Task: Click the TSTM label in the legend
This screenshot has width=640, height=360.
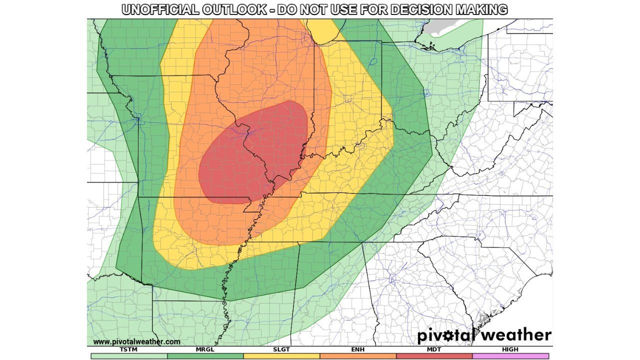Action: point(128,349)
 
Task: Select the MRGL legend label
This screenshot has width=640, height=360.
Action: point(205,349)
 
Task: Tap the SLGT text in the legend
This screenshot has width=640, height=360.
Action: point(281,349)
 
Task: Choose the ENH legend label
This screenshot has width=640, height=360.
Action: point(358,349)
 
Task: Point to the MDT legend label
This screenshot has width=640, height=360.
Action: point(434,349)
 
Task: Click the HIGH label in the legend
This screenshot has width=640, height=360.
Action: point(510,349)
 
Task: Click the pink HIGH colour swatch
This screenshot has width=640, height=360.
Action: point(510,356)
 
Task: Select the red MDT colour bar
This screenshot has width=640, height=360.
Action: point(434,356)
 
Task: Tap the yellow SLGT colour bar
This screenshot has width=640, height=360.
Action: point(281,356)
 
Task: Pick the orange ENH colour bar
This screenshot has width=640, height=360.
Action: point(358,356)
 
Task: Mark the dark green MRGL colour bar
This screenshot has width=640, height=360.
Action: point(205,356)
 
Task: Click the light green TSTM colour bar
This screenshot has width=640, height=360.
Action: point(128,356)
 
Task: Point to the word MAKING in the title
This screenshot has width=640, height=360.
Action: point(480,9)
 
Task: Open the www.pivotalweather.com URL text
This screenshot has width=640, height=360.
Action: point(136,341)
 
